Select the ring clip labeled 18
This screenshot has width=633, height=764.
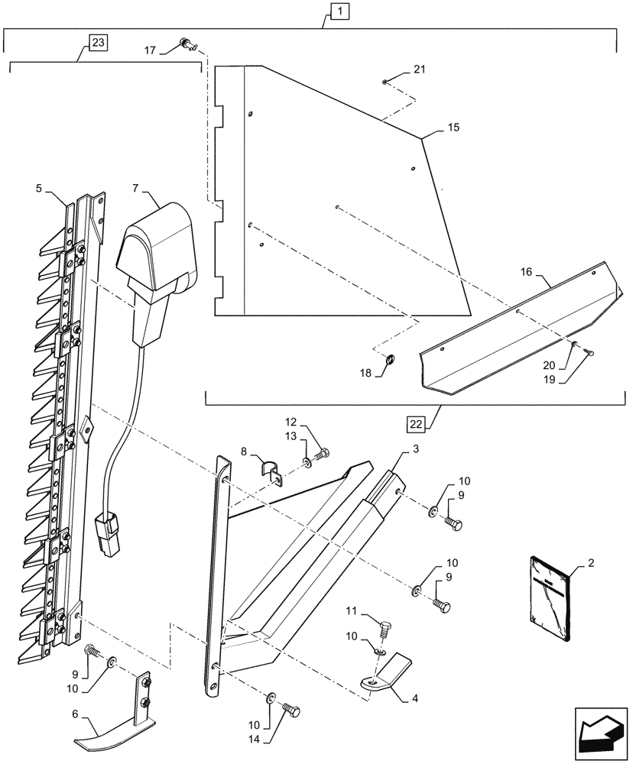(x=388, y=361)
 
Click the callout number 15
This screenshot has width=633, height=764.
(x=453, y=128)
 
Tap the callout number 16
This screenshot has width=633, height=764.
(x=533, y=272)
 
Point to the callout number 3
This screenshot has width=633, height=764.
(x=416, y=450)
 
